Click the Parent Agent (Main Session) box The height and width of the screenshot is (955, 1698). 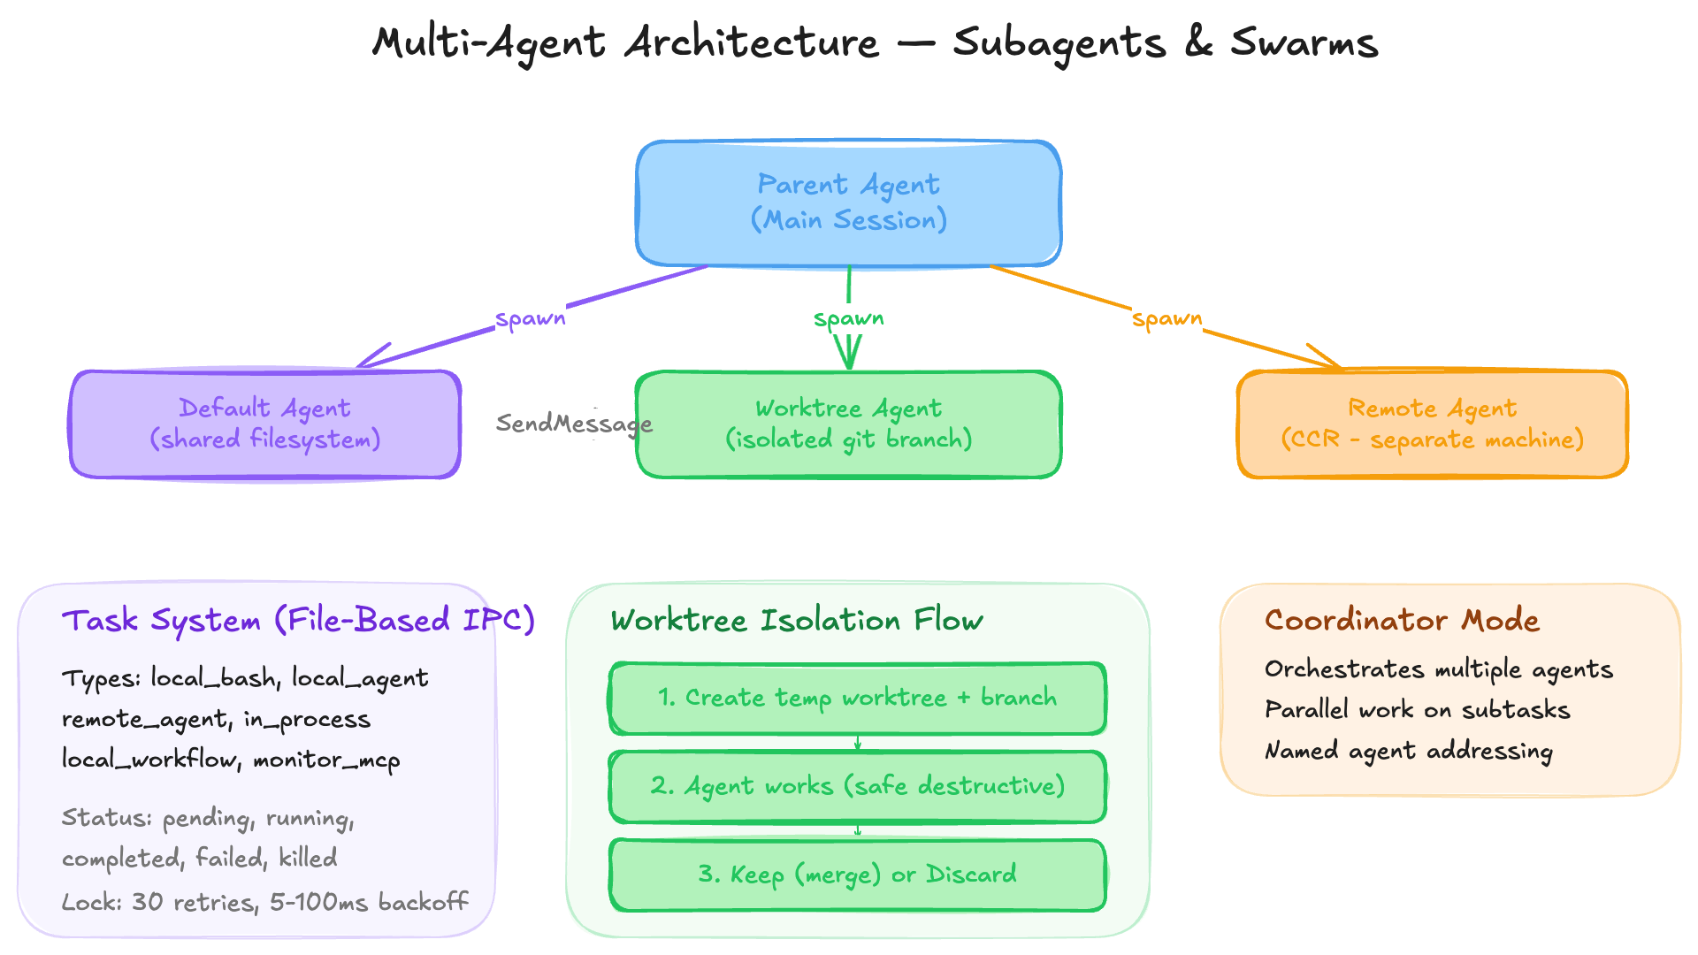[x=849, y=202]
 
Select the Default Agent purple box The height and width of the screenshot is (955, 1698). [x=265, y=424]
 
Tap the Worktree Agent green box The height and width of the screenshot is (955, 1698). [x=849, y=424]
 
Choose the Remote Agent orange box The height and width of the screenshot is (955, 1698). [x=1432, y=424]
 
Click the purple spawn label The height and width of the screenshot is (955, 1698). [x=530, y=318]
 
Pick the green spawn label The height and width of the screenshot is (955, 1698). [x=848, y=318]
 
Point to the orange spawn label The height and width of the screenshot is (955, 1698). [x=1166, y=318]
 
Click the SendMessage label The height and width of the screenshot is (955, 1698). [x=573, y=424]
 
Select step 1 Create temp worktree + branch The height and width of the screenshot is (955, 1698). [x=857, y=698]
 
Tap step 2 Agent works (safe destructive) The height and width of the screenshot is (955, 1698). [x=857, y=786]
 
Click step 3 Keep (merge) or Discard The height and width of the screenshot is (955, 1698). [x=857, y=875]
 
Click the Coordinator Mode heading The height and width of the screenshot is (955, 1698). [x=1402, y=620]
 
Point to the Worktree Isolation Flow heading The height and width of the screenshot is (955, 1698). [x=797, y=620]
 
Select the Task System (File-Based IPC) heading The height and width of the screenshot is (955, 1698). [x=298, y=620]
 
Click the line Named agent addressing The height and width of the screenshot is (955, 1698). [x=1408, y=751]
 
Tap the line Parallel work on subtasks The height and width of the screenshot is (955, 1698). [x=1417, y=710]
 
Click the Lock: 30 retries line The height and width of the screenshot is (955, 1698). [x=264, y=902]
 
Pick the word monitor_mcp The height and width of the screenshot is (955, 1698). [x=326, y=760]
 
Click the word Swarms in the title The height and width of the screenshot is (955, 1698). [x=1304, y=42]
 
